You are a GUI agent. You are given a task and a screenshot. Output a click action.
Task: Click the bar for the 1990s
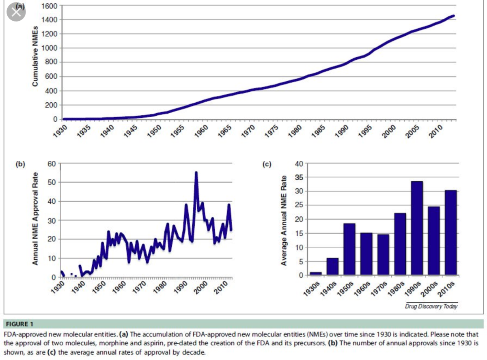[x=417, y=228]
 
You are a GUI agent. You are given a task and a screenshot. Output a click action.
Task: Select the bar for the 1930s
[x=316, y=274]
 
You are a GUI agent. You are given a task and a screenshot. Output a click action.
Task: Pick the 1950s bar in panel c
[x=349, y=249]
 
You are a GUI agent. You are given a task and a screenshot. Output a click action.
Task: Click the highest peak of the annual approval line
[x=196, y=172]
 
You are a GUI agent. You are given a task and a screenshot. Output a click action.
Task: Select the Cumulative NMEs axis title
[x=36, y=61]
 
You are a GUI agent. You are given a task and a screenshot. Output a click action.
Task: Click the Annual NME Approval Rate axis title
[x=36, y=220]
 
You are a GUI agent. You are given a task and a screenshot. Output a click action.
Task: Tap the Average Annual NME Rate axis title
[x=284, y=220]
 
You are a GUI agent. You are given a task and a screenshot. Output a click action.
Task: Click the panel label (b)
[x=20, y=164]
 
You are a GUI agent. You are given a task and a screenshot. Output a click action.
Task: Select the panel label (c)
[x=267, y=164]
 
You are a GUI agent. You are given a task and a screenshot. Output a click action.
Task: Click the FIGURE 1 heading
[x=20, y=324]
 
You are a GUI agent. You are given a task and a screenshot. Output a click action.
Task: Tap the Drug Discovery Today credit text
[x=431, y=306]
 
